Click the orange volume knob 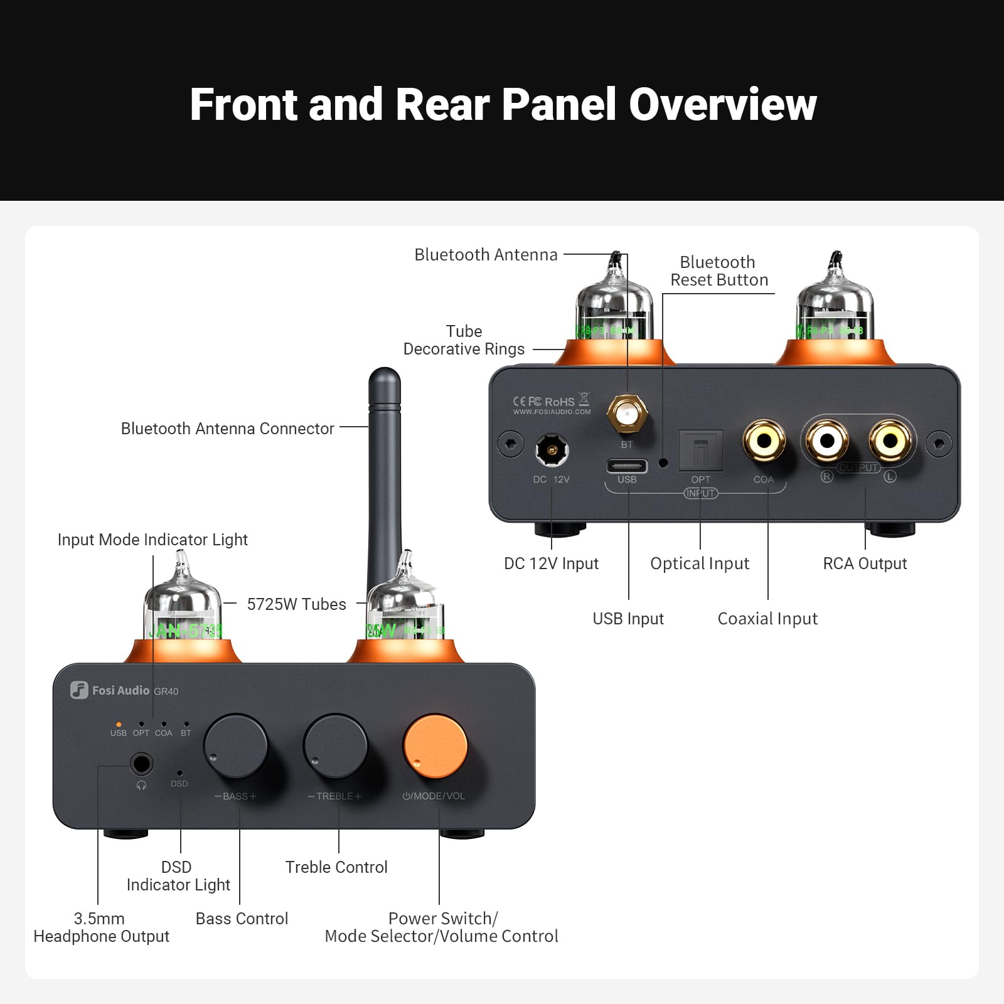pos(435,745)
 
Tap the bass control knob pos(235,745)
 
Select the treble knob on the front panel pos(335,745)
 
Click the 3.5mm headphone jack pos(141,764)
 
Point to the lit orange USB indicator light pos(119,725)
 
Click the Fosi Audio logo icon pos(79,690)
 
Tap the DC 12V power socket pos(552,450)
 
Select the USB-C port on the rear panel pos(627,466)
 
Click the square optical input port pos(700,449)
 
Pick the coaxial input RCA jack pos(764,441)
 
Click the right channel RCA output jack pos(827,441)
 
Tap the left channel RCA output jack pos(890,441)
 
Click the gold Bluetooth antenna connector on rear pos(627,414)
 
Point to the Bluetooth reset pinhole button pos(663,463)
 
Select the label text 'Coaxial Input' pos(767,619)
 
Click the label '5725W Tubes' pos(296,604)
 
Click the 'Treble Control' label pos(336,867)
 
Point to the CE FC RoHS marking pos(543,402)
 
